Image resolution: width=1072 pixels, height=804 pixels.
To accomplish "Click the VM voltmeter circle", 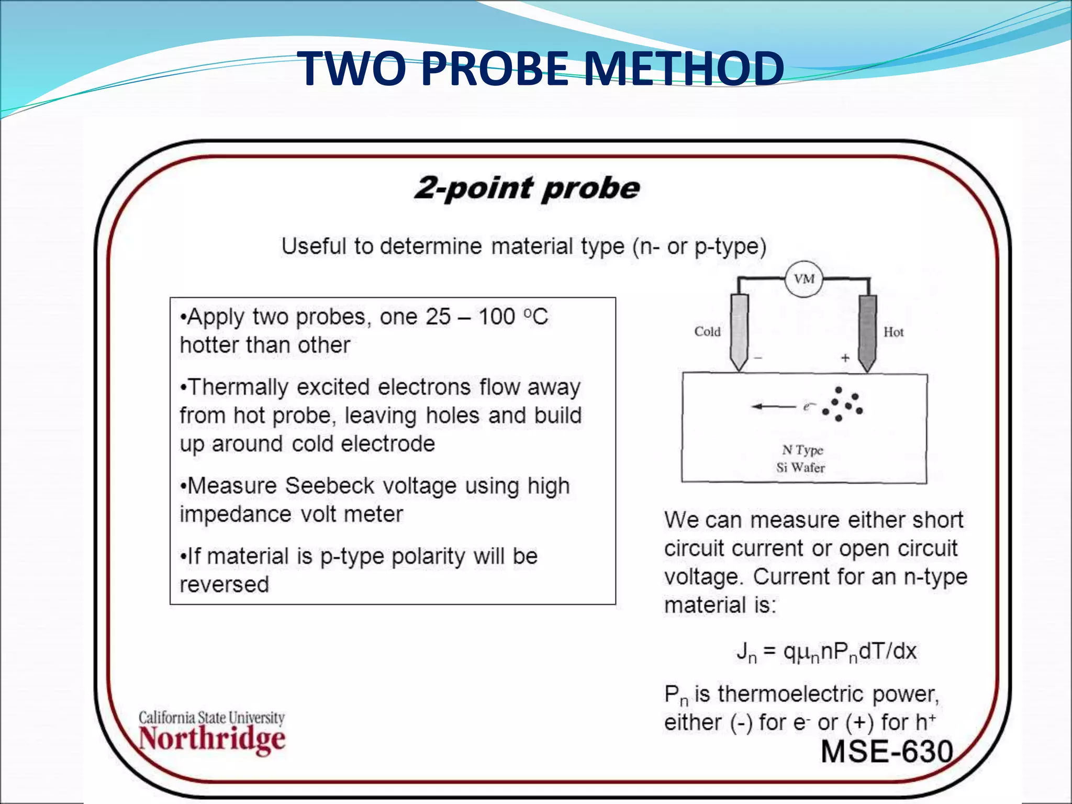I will (x=803, y=279).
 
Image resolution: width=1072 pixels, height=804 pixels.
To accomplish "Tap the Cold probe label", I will (x=707, y=332).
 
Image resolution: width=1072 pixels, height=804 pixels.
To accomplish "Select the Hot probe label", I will (x=893, y=332).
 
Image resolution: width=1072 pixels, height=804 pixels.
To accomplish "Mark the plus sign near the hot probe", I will (x=845, y=358).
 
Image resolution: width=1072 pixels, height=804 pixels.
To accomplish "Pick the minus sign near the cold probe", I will (x=758, y=358).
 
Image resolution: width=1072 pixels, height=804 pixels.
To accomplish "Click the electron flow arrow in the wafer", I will (x=774, y=407).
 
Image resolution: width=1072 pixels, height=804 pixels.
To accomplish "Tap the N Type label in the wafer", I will (x=802, y=450).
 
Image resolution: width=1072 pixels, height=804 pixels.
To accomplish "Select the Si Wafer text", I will (x=800, y=467).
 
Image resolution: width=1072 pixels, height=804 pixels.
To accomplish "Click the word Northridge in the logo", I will (x=212, y=739).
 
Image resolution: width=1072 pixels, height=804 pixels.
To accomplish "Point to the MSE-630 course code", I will (x=887, y=752).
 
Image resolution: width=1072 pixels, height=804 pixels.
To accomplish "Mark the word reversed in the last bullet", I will (x=224, y=585).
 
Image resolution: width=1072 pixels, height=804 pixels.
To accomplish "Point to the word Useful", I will (x=314, y=246).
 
